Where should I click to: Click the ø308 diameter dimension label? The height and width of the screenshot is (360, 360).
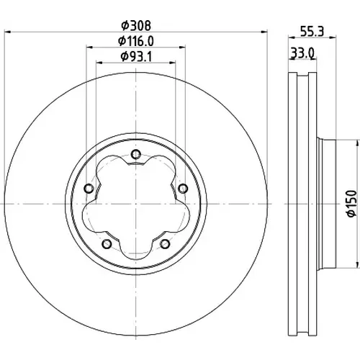(x=136, y=26)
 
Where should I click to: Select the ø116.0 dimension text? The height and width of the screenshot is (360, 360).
(x=136, y=41)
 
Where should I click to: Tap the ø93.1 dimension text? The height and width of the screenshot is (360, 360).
(x=136, y=57)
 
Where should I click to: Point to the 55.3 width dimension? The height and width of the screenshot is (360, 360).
(x=312, y=32)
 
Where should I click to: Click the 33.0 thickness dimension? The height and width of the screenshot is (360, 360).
(x=302, y=53)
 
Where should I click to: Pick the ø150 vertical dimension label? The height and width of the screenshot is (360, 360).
(x=352, y=204)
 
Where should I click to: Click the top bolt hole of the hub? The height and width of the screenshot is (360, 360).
(x=136, y=154)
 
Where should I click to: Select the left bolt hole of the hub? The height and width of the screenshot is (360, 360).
(x=89, y=189)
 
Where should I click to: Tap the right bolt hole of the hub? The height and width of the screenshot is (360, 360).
(x=183, y=189)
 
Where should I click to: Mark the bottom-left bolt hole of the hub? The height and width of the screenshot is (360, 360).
(x=107, y=244)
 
